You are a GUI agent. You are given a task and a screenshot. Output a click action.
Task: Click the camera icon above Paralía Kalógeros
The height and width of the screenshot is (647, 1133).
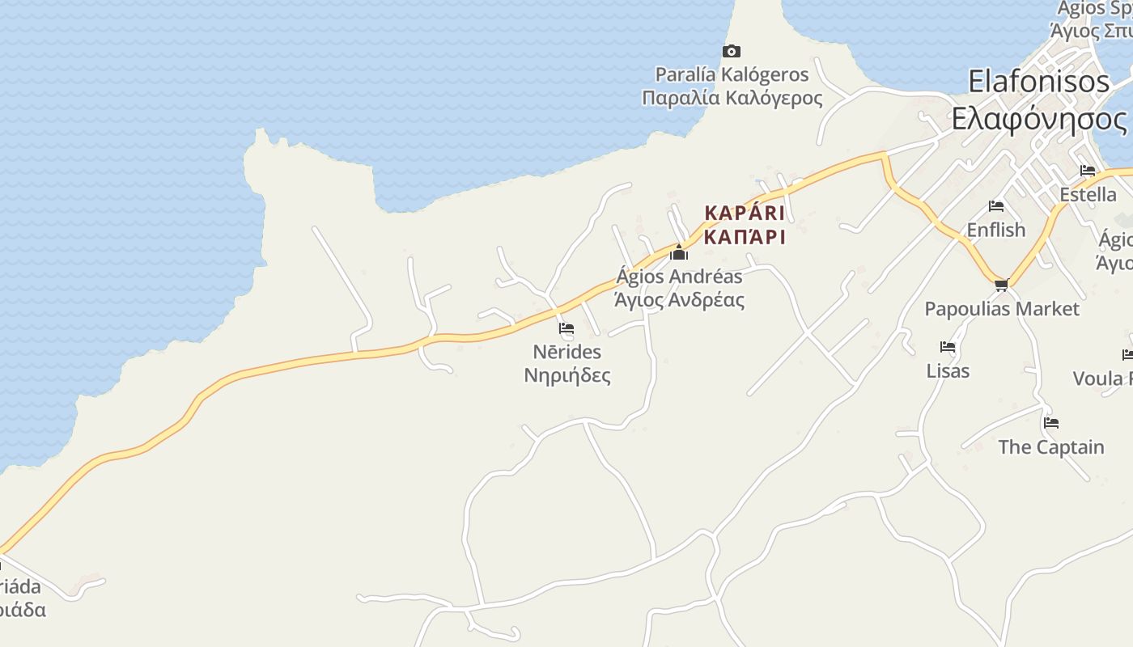point(732,52)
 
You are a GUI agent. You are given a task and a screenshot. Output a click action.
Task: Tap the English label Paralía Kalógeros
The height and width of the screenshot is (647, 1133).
point(732,74)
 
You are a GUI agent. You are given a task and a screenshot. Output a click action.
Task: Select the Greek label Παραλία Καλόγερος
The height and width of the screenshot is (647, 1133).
point(732,98)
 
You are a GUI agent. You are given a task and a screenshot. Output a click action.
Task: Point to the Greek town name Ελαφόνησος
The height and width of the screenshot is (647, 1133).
point(1039,119)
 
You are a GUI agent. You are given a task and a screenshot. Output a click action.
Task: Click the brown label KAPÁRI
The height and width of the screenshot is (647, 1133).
point(745,213)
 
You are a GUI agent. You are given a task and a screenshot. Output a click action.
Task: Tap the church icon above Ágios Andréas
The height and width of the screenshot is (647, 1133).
point(679,253)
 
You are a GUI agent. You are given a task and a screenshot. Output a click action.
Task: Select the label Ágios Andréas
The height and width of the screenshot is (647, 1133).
point(679,277)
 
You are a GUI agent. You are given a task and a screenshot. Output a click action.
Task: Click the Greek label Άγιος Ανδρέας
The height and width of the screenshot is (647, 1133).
point(679,300)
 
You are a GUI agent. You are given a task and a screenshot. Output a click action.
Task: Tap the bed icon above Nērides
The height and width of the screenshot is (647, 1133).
point(566,328)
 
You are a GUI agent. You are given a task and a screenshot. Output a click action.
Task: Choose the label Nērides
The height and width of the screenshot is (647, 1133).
point(566,352)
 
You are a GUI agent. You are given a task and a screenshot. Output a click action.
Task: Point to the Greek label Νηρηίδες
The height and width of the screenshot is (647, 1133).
point(566,375)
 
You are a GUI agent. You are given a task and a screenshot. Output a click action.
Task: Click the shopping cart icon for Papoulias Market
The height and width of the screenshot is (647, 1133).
point(1001,285)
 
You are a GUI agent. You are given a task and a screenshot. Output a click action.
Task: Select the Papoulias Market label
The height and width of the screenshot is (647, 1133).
point(1001,309)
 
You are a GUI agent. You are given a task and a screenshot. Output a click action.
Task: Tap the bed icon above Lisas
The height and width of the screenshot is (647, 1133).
point(948,347)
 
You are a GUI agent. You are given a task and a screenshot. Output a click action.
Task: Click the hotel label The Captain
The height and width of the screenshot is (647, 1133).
point(1050,446)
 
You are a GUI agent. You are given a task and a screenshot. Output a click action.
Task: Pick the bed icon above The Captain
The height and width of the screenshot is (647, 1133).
point(1051,422)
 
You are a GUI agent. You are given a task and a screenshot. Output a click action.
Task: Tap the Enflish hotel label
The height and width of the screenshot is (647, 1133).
point(995,230)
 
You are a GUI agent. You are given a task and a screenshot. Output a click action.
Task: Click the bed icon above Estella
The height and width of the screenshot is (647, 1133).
point(1088,171)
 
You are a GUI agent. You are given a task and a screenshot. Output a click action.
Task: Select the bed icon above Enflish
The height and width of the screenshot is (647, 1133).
point(996,206)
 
